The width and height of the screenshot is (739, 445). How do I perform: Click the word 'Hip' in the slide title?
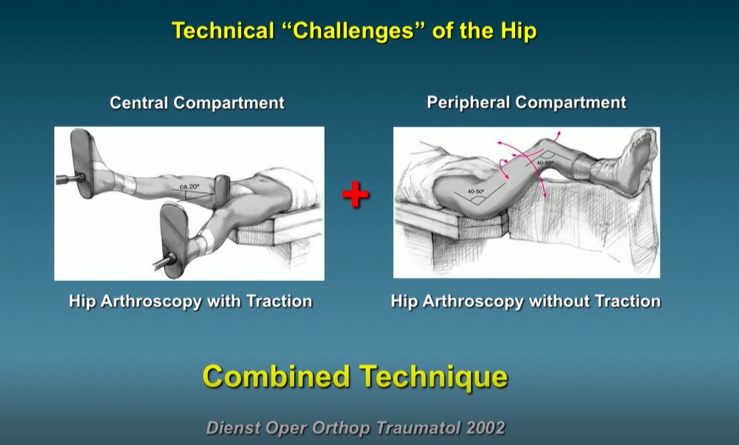[517, 31]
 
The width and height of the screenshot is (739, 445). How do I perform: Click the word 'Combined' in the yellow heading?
[277, 376]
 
